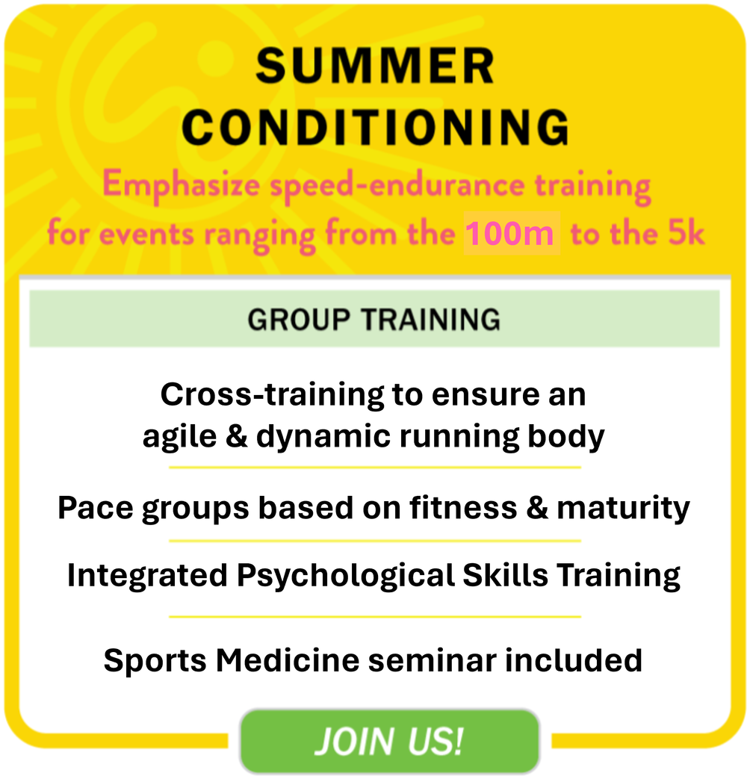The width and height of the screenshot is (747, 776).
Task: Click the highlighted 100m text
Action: point(511,235)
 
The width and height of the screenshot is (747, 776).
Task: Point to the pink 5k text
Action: point(684,234)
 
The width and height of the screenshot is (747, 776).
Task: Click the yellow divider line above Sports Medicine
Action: point(374,617)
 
